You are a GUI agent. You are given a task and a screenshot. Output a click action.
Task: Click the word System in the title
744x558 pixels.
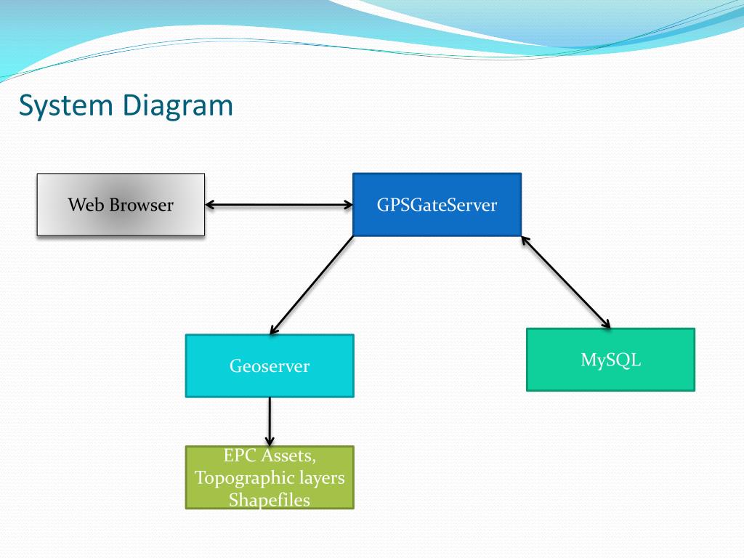point(65,106)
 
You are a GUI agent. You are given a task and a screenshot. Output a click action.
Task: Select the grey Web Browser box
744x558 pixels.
point(121,204)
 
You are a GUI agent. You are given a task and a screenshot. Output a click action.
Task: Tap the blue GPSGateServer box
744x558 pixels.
point(437,204)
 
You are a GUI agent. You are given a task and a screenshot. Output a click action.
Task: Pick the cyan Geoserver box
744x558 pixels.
point(270,366)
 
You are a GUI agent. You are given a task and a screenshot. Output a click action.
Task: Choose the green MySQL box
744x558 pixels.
point(610,360)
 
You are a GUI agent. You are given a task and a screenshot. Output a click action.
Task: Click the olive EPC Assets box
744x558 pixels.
point(270,477)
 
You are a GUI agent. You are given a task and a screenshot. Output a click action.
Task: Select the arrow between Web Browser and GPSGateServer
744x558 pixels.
point(279,205)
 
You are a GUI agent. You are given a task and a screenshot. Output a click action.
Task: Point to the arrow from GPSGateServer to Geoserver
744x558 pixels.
point(312,285)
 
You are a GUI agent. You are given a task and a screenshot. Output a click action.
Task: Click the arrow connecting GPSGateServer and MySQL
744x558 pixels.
point(565,282)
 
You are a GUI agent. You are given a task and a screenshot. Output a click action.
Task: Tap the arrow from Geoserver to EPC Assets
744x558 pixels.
point(270,422)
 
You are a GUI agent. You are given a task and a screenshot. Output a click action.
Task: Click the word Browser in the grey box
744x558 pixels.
point(142,205)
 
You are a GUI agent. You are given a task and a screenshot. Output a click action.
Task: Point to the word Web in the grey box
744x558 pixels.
point(86,205)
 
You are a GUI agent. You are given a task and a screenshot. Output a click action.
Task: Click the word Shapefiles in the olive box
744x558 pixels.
point(270,500)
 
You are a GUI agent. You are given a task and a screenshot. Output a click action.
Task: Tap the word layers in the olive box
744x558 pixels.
point(325,478)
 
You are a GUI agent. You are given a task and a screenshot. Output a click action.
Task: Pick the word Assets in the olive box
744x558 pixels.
point(288,456)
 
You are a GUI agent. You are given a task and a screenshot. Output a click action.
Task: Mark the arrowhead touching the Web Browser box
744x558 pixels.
point(210,205)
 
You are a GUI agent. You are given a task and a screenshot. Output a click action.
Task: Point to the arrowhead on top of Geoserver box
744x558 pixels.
point(274,329)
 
